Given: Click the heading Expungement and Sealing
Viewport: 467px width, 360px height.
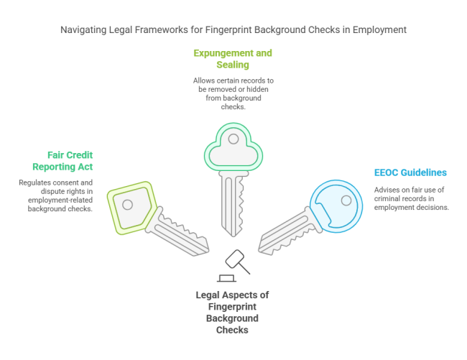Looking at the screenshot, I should tap(233, 59).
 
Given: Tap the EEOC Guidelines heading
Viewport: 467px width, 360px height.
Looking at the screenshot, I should tap(410, 172).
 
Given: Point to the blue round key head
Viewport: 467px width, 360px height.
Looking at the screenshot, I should tap(336, 205).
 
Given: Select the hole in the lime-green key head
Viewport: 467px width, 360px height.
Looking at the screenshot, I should tap(128, 205).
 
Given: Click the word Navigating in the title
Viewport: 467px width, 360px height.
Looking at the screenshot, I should tap(85, 30).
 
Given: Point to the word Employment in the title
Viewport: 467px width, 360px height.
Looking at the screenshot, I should tap(381, 30).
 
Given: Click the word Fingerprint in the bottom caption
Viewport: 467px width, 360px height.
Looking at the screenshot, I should tap(233, 307).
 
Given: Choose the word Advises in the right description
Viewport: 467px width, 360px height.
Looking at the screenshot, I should tap(388, 190).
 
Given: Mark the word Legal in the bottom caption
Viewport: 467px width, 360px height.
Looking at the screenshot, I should tap(208, 295).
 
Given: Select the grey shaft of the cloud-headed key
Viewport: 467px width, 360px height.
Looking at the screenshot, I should tap(232, 201).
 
